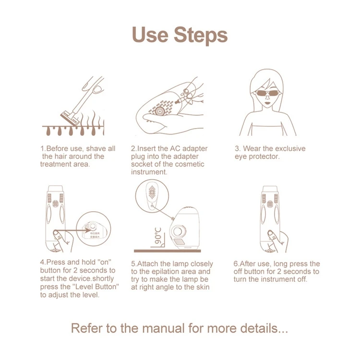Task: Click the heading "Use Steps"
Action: (180, 35)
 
